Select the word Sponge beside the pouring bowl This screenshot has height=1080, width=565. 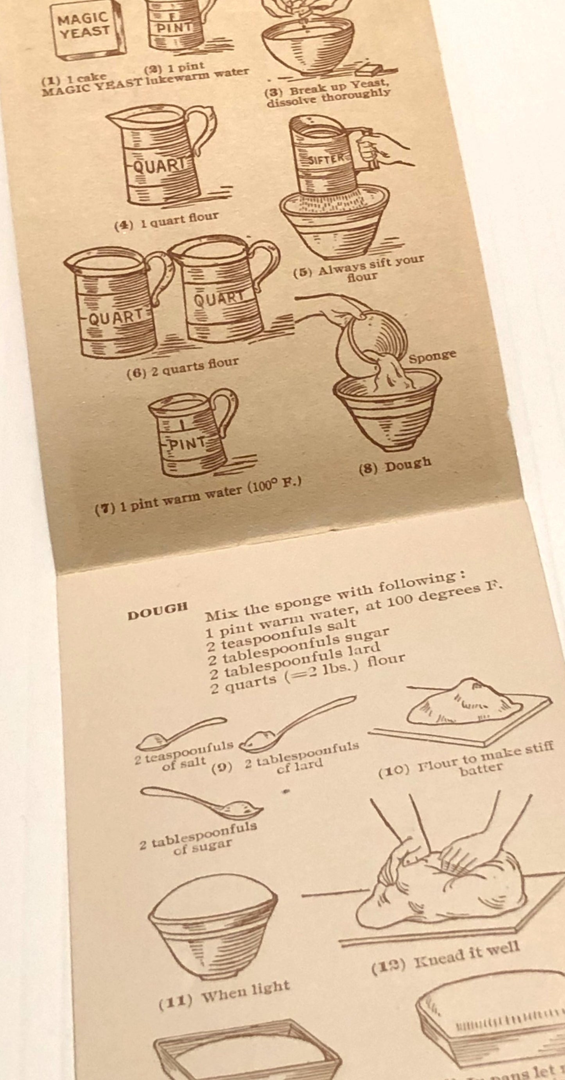[432, 356]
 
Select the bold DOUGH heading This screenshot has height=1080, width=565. [157, 612]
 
